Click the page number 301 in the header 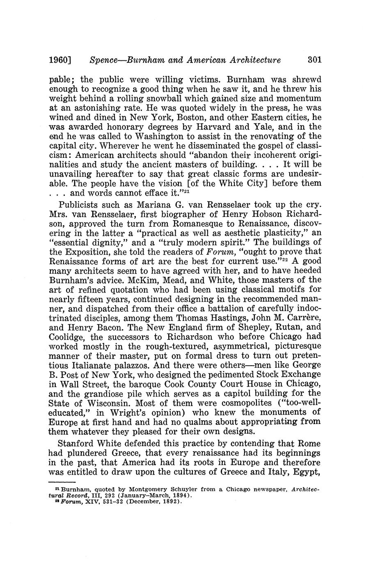[314, 60]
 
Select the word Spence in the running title [103, 60]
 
